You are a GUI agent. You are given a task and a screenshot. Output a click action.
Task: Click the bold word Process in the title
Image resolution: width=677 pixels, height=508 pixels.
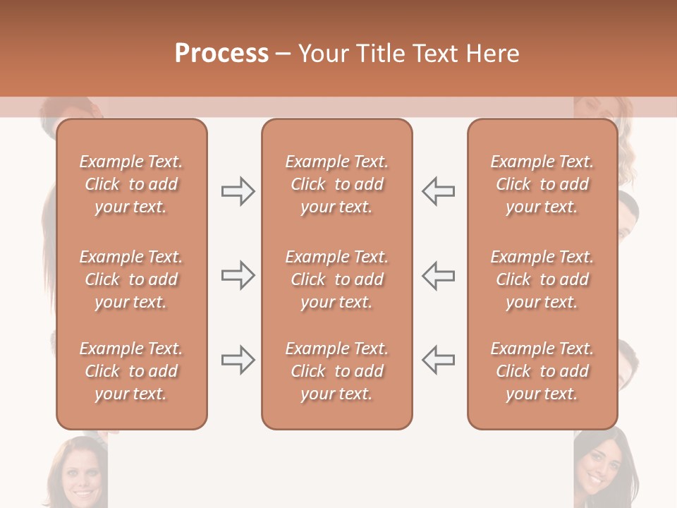point(221,54)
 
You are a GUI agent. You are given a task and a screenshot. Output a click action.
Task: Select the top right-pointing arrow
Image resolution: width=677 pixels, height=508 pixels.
point(238,191)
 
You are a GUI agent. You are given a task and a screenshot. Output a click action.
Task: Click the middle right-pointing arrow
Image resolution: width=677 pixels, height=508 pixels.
point(238,275)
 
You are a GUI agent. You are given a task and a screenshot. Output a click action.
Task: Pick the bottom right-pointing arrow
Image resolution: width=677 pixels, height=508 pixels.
point(238,360)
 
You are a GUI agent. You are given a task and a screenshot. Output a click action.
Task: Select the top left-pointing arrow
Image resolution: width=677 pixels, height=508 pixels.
point(439,191)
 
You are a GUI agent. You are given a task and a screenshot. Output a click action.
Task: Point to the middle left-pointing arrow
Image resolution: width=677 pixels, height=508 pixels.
point(439,275)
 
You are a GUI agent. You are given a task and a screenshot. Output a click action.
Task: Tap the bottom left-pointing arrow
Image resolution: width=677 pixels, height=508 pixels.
point(439,360)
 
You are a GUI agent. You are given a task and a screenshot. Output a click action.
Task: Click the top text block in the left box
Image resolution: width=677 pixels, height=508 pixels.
point(131,184)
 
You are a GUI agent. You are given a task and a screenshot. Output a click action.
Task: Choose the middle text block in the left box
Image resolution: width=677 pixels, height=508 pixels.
point(131,279)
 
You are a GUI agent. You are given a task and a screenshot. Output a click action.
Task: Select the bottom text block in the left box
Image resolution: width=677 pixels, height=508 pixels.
point(131,371)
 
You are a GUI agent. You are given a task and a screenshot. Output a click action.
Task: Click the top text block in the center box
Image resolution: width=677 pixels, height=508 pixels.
point(336,184)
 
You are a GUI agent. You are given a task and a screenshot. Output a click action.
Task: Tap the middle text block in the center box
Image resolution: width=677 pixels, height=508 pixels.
point(336,279)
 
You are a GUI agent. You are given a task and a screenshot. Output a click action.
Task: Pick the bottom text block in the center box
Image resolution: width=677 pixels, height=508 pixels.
point(336,371)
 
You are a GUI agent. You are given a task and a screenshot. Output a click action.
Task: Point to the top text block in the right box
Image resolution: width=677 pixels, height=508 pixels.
point(542,184)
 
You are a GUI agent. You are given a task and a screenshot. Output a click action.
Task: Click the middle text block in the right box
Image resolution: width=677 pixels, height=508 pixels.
point(542,279)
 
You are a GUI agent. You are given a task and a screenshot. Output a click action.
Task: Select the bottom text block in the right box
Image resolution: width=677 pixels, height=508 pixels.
point(542,371)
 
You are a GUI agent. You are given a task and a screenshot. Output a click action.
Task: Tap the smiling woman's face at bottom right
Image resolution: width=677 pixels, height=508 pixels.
point(599,466)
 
